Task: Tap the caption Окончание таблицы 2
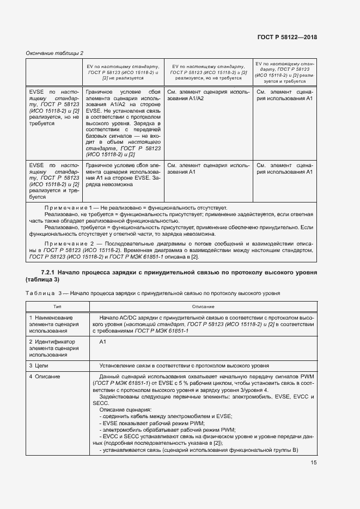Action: [54, 53]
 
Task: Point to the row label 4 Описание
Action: [45, 377]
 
